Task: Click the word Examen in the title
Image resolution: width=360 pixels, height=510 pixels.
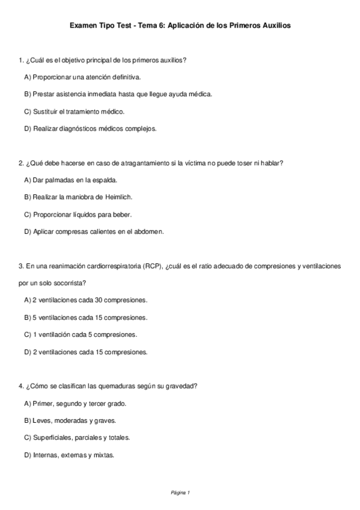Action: click(83, 26)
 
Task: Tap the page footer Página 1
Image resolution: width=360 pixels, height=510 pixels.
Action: click(180, 493)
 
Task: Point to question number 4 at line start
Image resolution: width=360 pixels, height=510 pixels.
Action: click(21, 386)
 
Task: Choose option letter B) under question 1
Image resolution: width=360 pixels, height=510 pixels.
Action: click(28, 94)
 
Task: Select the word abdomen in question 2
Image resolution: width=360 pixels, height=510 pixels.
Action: click(150, 231)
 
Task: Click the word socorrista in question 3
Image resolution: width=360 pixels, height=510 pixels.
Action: click(67, 282)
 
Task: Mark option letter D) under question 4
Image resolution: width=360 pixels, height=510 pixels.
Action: click(28, 455)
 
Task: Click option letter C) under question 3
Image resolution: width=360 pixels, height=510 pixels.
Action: click(28, 334)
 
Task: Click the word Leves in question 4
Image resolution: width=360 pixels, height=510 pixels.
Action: click(41, 420)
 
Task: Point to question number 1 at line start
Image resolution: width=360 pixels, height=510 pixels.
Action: click(21, 60)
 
